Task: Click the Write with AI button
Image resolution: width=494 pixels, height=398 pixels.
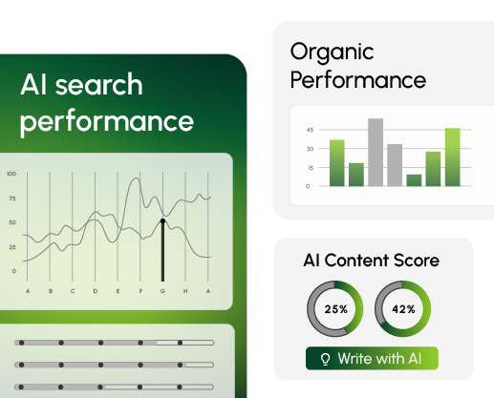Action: [372, 359]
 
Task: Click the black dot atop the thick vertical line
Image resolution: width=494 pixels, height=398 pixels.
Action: [162, 220]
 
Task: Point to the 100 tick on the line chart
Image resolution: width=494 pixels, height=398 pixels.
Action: [11, 174]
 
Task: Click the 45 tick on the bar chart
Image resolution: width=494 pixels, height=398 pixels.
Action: [310, 130]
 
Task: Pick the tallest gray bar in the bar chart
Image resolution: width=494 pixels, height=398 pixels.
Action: [376, 152]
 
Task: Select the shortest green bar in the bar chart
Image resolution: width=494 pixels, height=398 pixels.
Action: [414, 180]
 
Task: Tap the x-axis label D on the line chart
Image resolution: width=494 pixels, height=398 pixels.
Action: [96, 291]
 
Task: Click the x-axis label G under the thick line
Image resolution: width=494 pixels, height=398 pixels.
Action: [162, 291]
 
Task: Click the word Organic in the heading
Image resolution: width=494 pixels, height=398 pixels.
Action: [332, 52]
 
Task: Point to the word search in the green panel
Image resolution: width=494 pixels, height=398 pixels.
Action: [99, 85]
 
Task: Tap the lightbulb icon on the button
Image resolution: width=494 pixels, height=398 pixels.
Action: [325, 359]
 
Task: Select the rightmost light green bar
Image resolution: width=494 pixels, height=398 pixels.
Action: [453, 157]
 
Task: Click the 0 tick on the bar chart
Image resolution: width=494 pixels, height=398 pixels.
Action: [308, 186]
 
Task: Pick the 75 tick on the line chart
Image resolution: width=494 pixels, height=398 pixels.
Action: [12, 199]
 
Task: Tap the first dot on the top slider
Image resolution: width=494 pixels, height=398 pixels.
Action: [22, 343]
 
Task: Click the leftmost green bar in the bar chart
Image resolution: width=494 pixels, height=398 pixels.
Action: [337, 163]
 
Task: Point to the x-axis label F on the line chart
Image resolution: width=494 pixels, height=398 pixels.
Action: [140, 291]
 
